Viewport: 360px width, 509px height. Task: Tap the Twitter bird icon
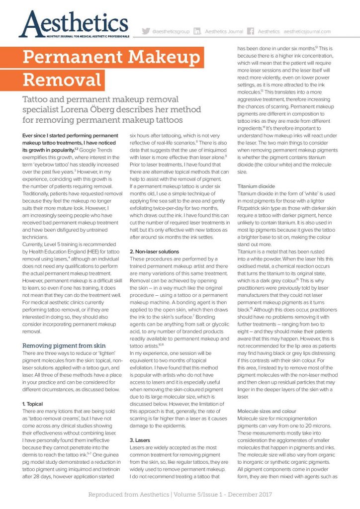pos(146,31)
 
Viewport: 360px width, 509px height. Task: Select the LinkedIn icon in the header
pos(197,31)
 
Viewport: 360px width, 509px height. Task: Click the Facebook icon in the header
pos(251,31)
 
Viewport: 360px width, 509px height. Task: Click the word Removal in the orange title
pos(62,79)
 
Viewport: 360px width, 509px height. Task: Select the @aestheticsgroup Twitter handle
pos(171,31)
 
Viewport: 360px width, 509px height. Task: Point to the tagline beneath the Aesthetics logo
pos(75,37)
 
